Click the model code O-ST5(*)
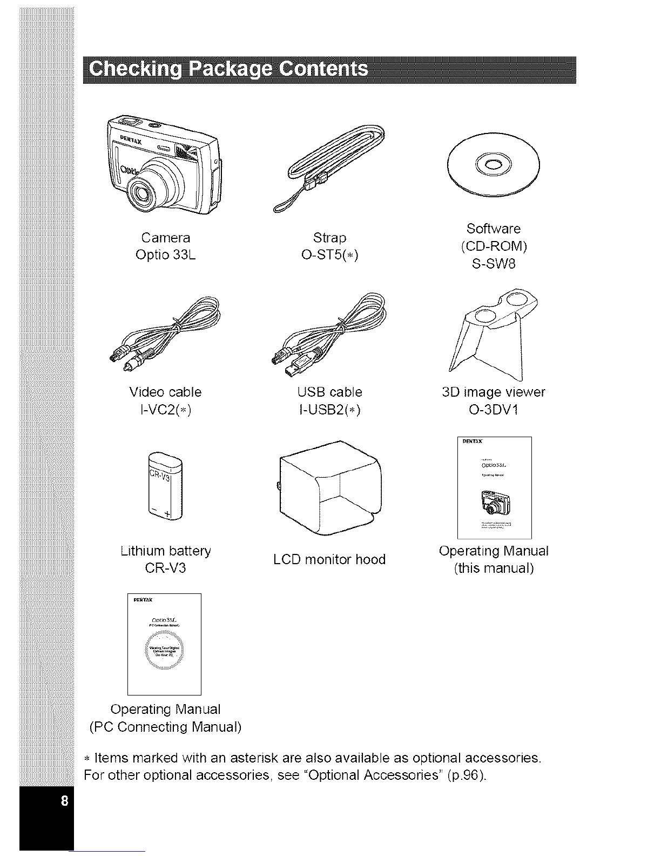coord(329,255)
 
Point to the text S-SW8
coord(493,264)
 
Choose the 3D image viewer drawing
coord(494,331)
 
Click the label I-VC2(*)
coord(165,410)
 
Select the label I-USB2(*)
coord(329,410)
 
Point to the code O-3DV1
coord(493,410)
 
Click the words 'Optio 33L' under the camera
coord(165,255)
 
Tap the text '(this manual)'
coord(494,569)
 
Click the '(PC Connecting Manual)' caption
coord(165,727)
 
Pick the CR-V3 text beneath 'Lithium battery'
coord(165,569)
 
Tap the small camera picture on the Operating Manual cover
coord(494,502)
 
